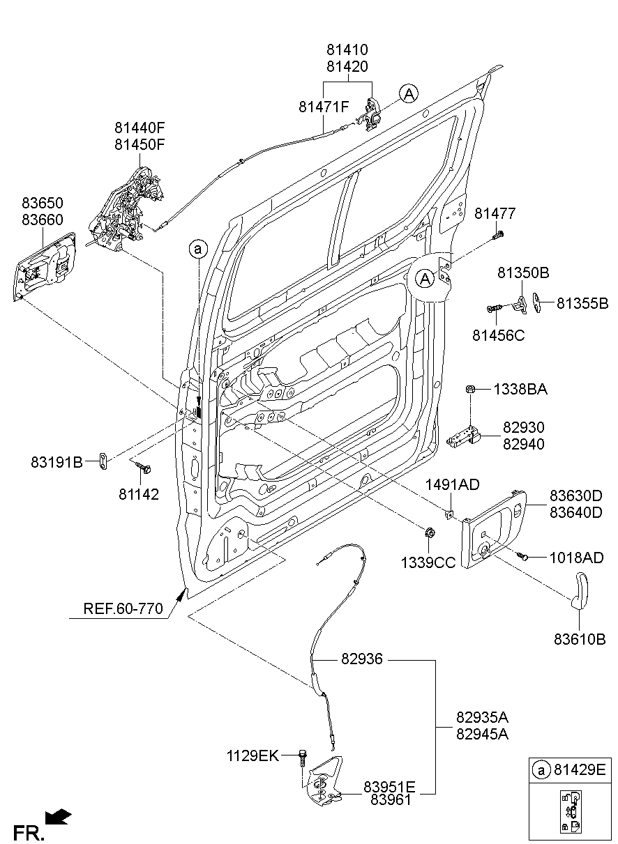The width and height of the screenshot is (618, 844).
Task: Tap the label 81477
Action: (496, 213)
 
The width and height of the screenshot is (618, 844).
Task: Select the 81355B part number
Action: (582, 303)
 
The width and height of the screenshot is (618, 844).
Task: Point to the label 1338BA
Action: (520, 390)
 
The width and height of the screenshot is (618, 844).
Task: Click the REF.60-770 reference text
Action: (123, 608)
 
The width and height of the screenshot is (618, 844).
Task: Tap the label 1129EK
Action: (252, 755)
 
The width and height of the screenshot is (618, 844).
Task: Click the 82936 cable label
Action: (362, 659)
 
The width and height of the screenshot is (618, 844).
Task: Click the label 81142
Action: (139, 495)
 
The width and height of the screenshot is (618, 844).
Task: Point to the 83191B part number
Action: (56, 461)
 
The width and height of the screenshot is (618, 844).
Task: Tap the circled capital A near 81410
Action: (409, 93)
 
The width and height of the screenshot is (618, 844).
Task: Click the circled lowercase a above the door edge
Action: (198, 248)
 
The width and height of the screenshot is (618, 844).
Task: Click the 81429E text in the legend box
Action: (580, 770)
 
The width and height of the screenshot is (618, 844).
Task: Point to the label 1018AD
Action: (576, 558)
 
